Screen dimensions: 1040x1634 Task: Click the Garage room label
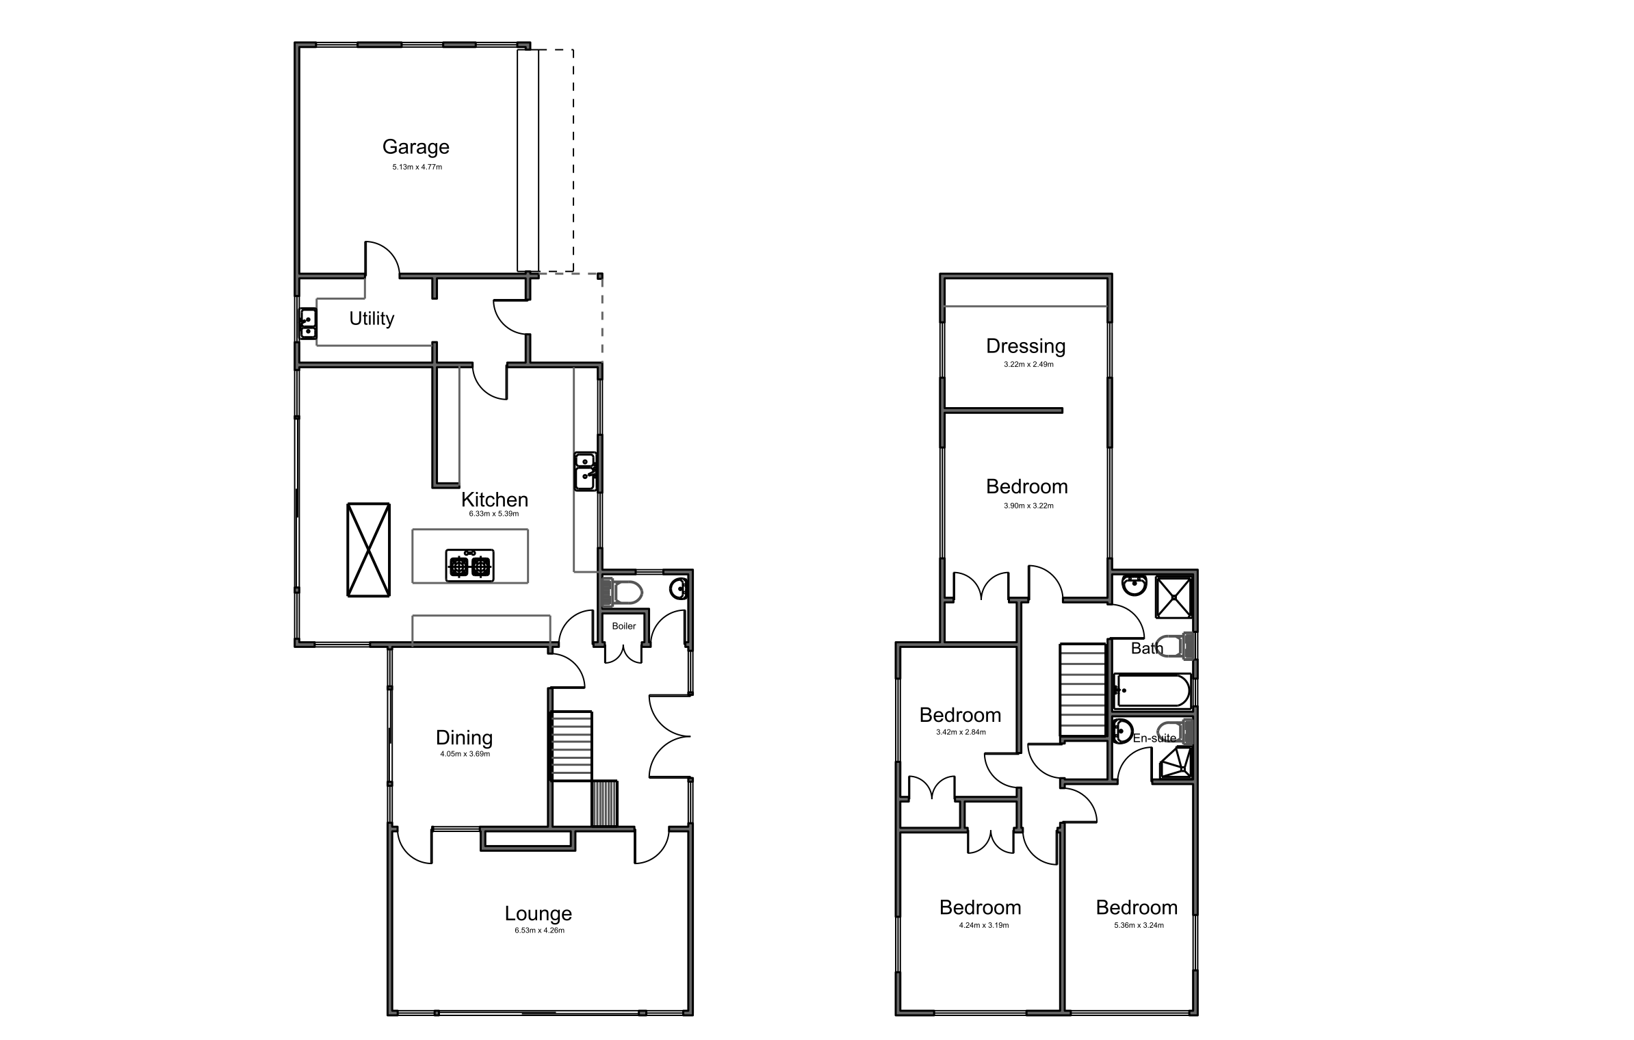(x=415, y=147)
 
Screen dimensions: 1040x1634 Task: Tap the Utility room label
(x=372, y=319)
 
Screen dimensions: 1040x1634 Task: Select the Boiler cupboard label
(x=623, y=626)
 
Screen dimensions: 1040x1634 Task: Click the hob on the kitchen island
(x=469, y=565)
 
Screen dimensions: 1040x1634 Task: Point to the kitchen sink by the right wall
(x=585, y=471)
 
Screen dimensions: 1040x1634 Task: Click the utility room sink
(x=308, y=324)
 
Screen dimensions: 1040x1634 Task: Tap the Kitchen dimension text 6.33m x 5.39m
(x=494, y=514)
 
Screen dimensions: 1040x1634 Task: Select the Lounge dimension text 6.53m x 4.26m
(x=539, y=931)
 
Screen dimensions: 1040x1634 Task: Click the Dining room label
(x=464, y=738)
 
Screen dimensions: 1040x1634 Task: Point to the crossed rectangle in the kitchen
(x=368, y=550)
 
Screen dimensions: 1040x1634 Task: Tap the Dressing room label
(x=1025, y=346)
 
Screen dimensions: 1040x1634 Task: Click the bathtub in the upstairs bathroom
(x=1153, y=691)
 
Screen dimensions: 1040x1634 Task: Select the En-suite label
(x=1154, y=738)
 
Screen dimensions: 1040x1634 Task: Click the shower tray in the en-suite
(x=1176, y=763)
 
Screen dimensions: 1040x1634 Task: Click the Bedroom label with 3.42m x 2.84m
(x=960, y=715)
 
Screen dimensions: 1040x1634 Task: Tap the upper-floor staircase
(x=1082, y=690)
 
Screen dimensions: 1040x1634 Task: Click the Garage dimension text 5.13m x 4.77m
(x=417, y=167)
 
